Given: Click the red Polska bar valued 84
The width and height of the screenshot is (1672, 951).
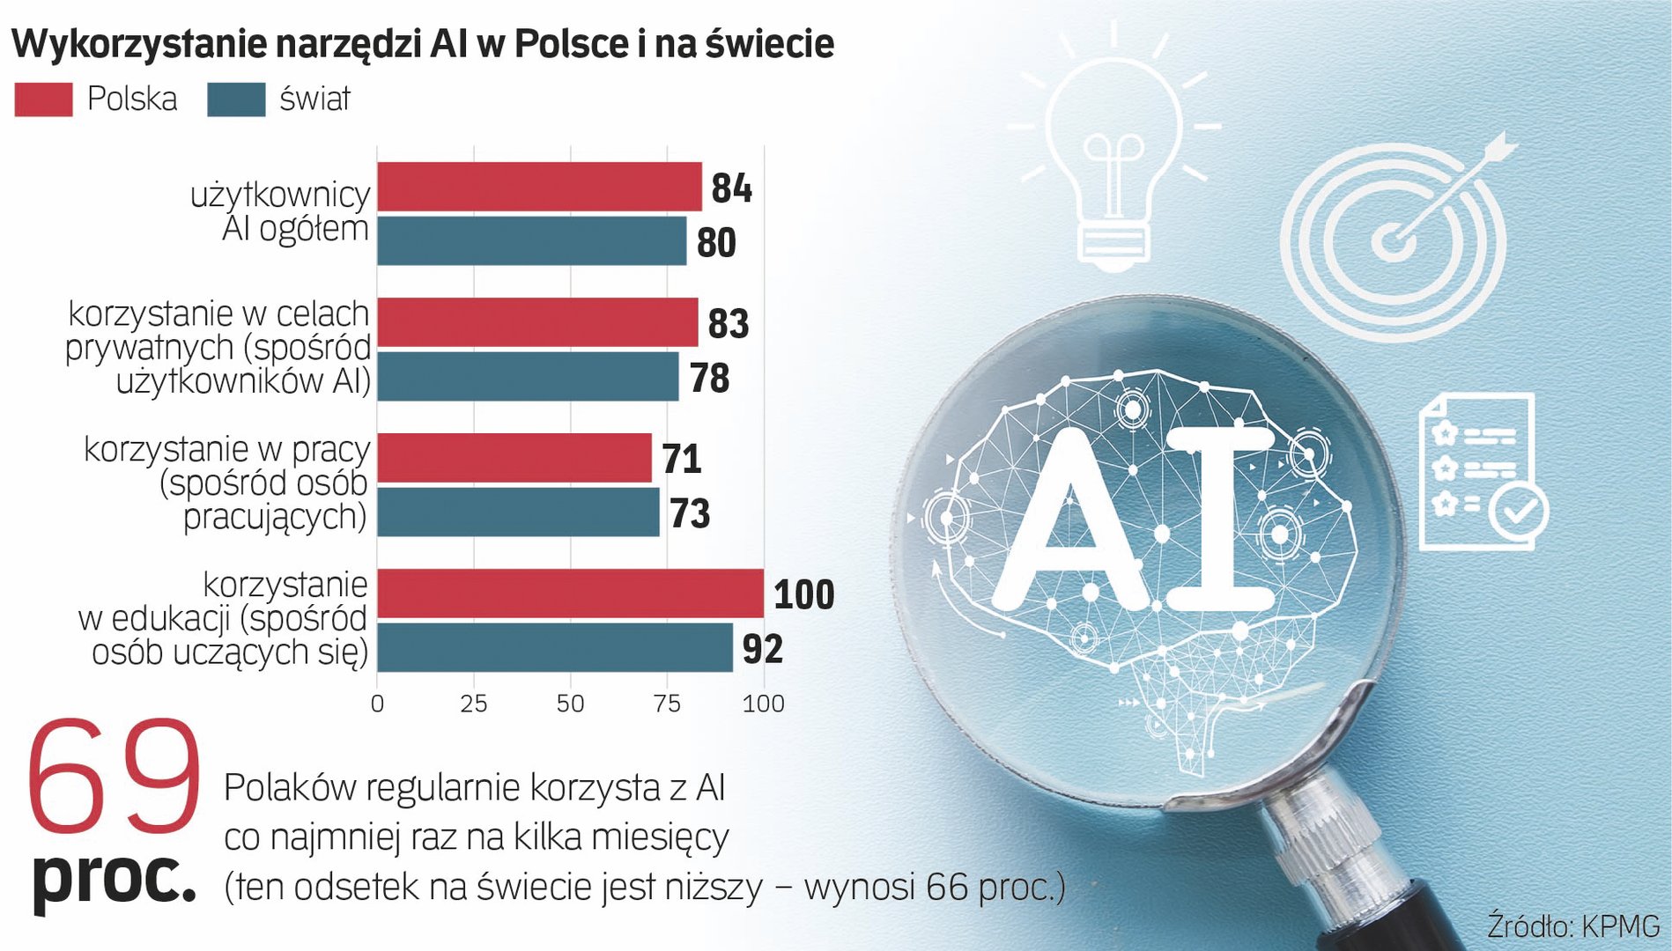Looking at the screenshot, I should pyautogui.click(x=539, y=187).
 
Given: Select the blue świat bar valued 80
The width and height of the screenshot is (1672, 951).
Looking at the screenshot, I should pyautogui.click(x=531, y=241).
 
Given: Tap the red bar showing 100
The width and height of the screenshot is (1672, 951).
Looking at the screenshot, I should pyautogui.click(x=570, y=593).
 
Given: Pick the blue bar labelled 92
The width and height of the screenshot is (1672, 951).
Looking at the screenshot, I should pyautogui.click(x=555, y=648).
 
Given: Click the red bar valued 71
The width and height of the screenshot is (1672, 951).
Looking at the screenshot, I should pyautogui.click(x=514, y=458).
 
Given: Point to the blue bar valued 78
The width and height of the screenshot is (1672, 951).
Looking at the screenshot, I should pyautogui.click(x=528, y=377).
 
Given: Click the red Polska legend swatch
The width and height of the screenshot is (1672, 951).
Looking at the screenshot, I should pyautogui.click(x=43, y=100).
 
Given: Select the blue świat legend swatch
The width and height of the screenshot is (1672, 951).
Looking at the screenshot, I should pyautogui.click(x=236, y=100).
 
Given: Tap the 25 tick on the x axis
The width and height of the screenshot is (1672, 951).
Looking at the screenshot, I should pyautogui.click(x=474, y=704).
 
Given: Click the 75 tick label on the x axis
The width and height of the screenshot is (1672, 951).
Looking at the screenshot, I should pyautogui.click(x=667, y=704).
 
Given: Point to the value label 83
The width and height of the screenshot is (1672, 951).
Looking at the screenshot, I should pyautogui.click(x=728, y=324).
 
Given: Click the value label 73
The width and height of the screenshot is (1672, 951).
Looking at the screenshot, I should pyautogui.click(x=690, y=513).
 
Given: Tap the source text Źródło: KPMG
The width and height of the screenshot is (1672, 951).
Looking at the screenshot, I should pyautogui.click(x=1573, y=926).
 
